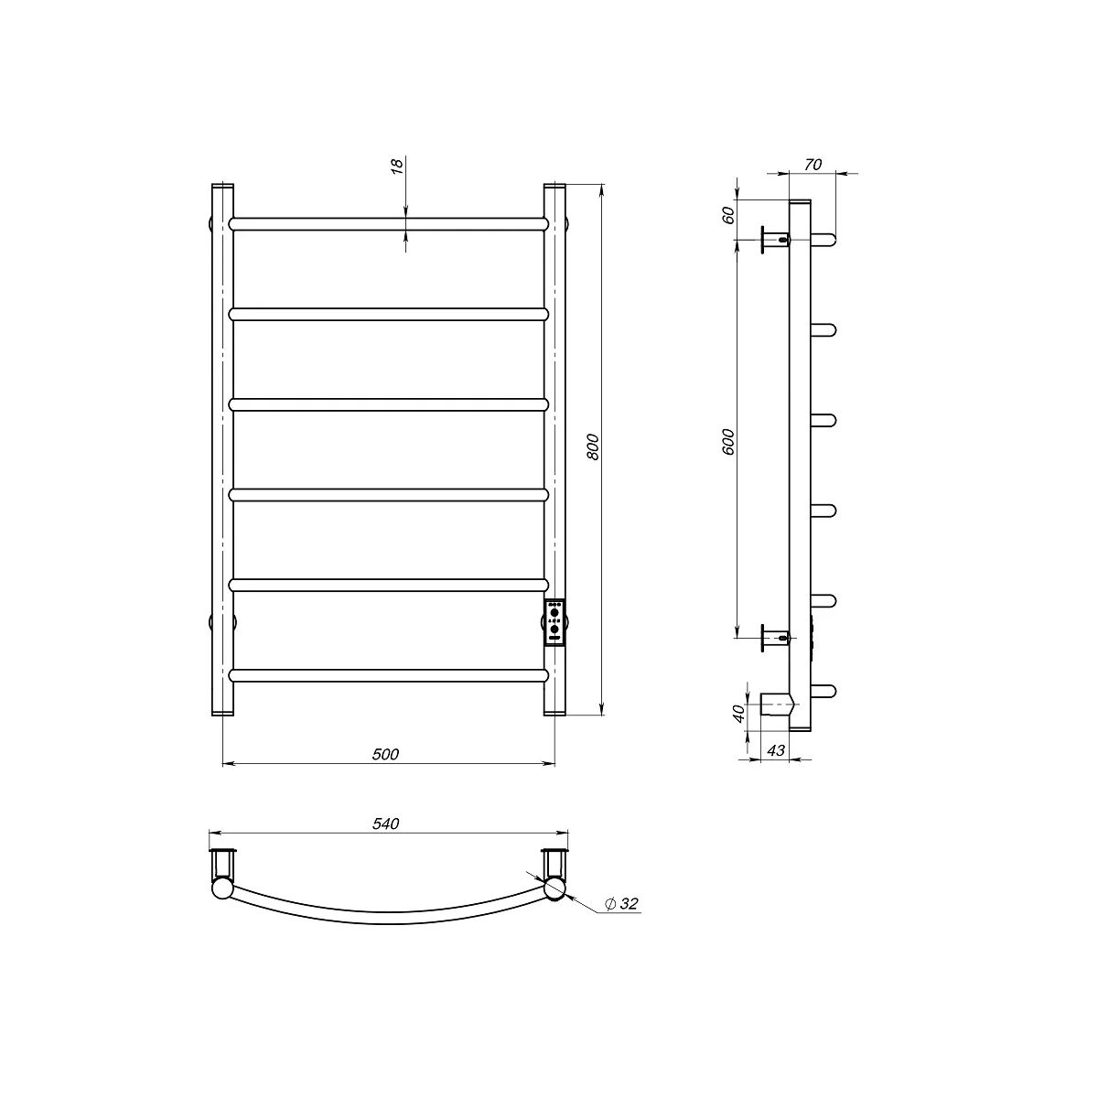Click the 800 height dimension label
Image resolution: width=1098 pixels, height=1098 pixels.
coord(593,447)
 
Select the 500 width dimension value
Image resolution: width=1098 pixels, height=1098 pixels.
coord(386,754)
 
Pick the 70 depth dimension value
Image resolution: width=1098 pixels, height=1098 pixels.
coord(813,165)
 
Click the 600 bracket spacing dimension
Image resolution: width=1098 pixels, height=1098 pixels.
coord(727,442)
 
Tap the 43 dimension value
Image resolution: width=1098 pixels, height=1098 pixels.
coord(776,750)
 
